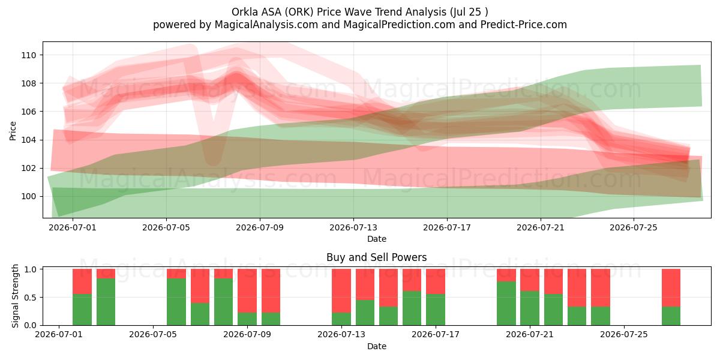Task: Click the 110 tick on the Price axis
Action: [x=29, y=55]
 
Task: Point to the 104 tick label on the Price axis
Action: [x=29, y=140]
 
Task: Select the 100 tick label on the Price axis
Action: [x=29, y=196]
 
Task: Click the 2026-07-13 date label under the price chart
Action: [x=353, y=227]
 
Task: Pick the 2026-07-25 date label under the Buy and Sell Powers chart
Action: [x=624, y=335]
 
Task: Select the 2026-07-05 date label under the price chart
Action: [x=166, y=227]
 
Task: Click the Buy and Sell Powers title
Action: [x=377, y=257]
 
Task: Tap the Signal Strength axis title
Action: [x=15, y=296]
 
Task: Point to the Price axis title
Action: [x=13, y=131]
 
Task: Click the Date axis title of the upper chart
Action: [x=377, y=239]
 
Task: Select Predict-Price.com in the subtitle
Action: [x=524, y=25]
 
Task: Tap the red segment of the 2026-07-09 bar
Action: [x=247, y=291]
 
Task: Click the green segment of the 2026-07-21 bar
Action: [x=530, y=308]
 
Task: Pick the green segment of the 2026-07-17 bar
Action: [x=436, y=310]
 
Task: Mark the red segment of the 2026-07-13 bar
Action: [x=341, y=291]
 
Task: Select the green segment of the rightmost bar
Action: [x=671, y=316]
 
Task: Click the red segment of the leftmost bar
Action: [x=82, y=281]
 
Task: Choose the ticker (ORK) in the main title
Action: [x=298, y=12]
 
